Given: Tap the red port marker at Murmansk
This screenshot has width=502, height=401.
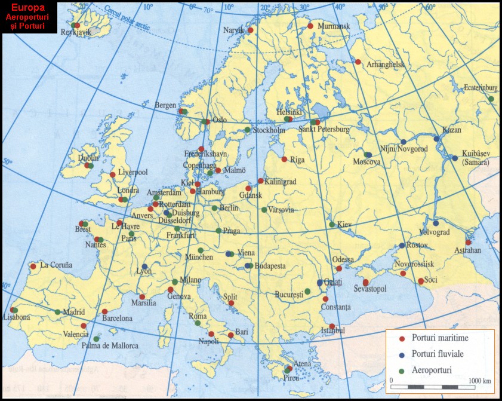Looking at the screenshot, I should tap(310, 26).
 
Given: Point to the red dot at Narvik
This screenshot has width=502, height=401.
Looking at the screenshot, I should tap(251, 30).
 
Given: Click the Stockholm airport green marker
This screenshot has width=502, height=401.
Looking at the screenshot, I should tap(247, 130).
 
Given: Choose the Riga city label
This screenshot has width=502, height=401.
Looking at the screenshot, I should tap(297, 160).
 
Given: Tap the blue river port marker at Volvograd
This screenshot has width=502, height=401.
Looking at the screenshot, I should tap(436, 223).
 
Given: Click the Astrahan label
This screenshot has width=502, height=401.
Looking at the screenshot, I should tap(467, 250).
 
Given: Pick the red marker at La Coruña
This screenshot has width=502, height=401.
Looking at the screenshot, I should tap(33, 267).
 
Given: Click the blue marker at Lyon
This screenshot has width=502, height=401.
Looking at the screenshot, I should tap(145, 267).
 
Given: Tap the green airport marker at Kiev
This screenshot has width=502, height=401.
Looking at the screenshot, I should tap(332, 225).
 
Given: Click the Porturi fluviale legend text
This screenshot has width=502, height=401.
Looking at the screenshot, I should tap(438, 354).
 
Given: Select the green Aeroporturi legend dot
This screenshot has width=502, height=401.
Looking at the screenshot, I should tap(402, 371).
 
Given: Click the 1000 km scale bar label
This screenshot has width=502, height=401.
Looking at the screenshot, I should tap(479, 380).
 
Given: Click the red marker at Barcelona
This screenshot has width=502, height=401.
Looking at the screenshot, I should tap(104, 311).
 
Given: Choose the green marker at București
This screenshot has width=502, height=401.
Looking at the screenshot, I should tap(307, 292).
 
